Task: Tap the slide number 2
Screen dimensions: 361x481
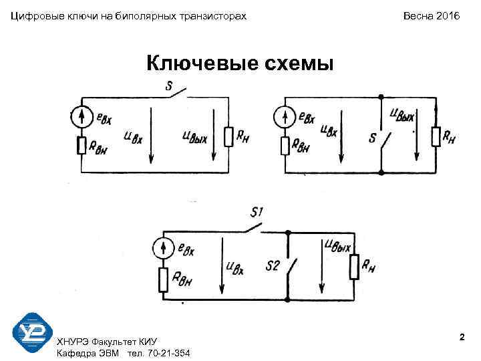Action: coord(462,339)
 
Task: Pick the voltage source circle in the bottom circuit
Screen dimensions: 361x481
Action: coord(163,249)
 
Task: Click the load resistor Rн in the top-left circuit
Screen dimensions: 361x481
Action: coord(228,136)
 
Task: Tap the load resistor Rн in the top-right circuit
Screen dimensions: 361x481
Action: coord(436,136)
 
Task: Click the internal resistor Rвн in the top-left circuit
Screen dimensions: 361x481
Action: coord(82,145)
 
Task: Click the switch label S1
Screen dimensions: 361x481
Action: coord(257,213)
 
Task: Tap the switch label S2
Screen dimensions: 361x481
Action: coord(272,265)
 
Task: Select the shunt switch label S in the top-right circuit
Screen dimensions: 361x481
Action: coord(372,138)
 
